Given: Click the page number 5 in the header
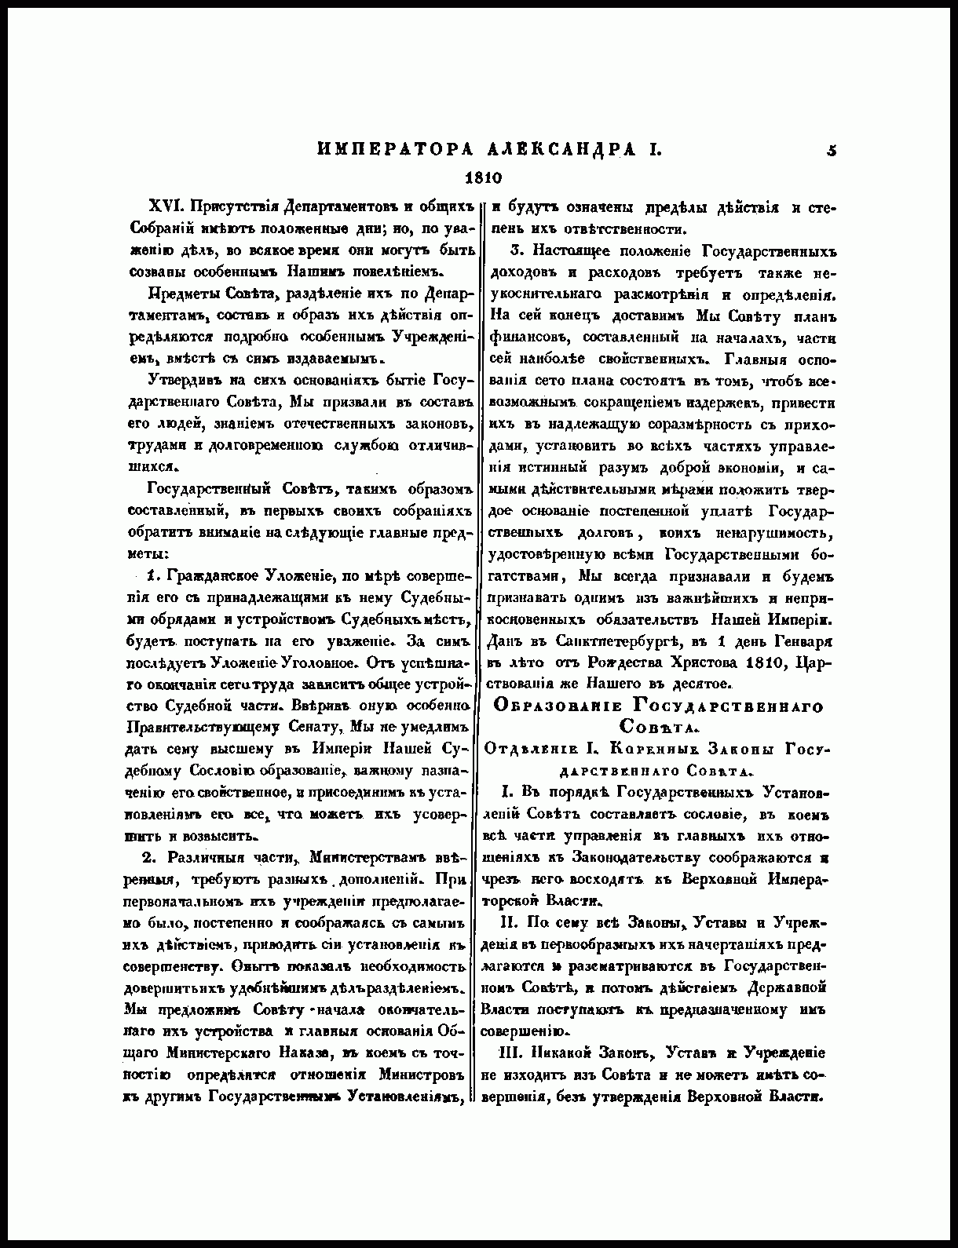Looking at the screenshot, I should [831, 149].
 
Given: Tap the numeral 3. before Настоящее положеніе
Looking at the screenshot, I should [516, 251].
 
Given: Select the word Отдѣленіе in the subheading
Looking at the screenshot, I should [524, 748].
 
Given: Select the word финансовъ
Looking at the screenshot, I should [524, 338].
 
